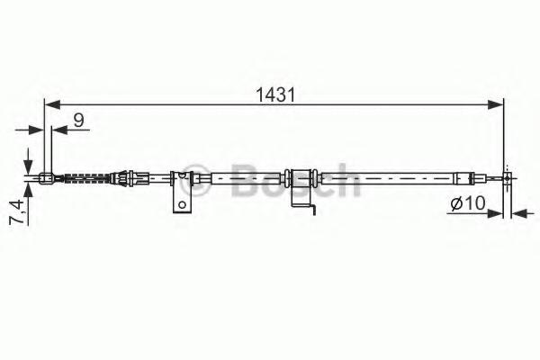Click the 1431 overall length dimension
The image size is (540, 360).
point(275,94)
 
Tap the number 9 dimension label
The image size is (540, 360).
point(79,120)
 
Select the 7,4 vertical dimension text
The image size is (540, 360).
point(16,211)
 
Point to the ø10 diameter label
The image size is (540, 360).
point(468,203)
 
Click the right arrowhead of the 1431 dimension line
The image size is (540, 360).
point(496,104)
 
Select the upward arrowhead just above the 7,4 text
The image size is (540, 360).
point(28,190)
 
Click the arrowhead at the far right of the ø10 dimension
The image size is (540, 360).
point(518,213)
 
